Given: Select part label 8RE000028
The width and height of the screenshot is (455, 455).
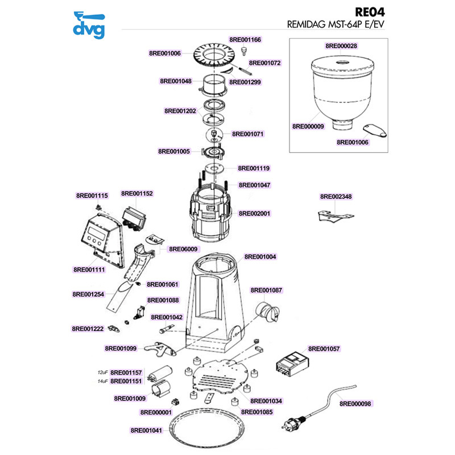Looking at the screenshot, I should (x=341, y=45).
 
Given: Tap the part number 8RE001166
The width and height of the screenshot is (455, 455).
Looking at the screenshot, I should (x=245, y=40).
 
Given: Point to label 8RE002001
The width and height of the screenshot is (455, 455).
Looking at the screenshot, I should (x=254, y=213).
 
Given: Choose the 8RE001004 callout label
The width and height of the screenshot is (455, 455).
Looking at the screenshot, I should (x=260, y=257).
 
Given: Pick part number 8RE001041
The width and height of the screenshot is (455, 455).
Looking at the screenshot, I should (x=147, y=431).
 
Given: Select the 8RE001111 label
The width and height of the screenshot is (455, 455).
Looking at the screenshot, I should (x=89, y=269).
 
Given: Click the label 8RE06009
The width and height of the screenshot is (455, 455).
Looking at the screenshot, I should (x=183, y=249).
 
